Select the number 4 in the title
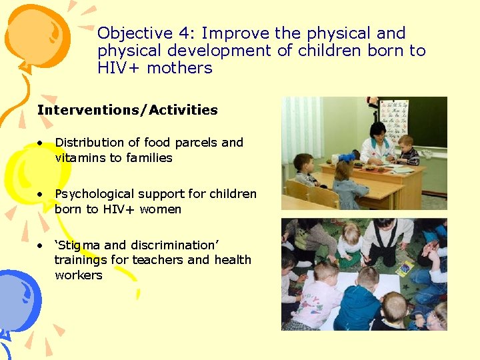click(185, 33)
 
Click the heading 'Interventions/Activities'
click(127, 110)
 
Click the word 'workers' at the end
click(78, 275)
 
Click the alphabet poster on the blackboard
click(394, 116)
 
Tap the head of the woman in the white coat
click(377, 130)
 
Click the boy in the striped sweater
click(407, 151)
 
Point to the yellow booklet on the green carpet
click(405, 268)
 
